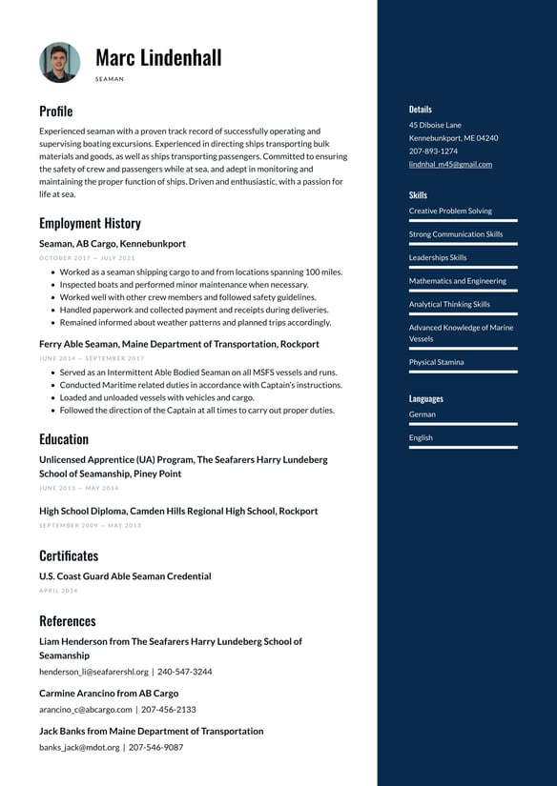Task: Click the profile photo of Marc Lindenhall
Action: tap(59, 62)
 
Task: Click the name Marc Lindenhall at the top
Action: tap(158, 57)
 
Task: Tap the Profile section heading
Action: tap(55, 111)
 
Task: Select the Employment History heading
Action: tap(90, 223)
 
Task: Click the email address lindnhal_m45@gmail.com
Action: tap(450, 164)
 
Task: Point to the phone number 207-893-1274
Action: tap(433, 151)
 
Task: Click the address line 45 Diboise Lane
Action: tap(435, 125)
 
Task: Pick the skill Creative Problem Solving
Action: tap(450, 211)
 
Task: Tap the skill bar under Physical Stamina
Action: tap(463, 373)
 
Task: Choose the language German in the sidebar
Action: tap(422, 414)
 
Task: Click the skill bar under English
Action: tap(463, 447)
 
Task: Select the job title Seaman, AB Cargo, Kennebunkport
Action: tap(113, 244)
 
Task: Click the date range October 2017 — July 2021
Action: tap(87, 258)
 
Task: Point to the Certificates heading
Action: tap(69, 554)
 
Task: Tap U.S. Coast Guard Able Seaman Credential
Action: tap(125, 576)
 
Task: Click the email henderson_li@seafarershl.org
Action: tap(93, 672)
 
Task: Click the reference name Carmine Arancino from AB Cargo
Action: tap(109, 694)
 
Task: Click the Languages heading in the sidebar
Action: tap(425, 398)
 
